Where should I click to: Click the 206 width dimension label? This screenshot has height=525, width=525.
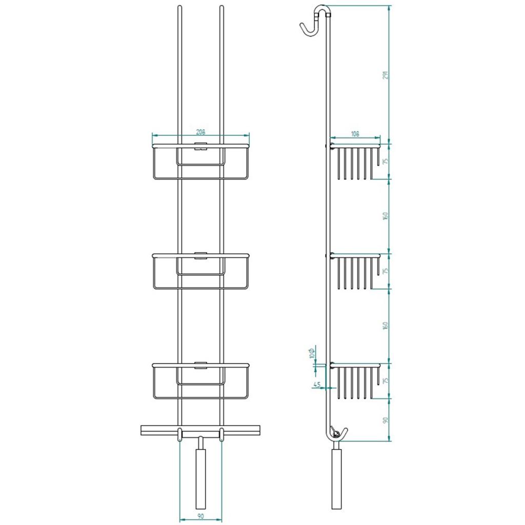click(x=200, y=132)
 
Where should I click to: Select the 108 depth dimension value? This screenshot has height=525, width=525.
click(x=355, y=134)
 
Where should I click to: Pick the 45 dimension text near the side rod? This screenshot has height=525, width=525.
click(x=316, y=385)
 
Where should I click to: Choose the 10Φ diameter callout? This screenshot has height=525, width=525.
click(x=313, y=352)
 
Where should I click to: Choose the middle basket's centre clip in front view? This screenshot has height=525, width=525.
click(x=200, y=255)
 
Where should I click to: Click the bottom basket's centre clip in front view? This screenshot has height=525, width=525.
click(x=200, y=365)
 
